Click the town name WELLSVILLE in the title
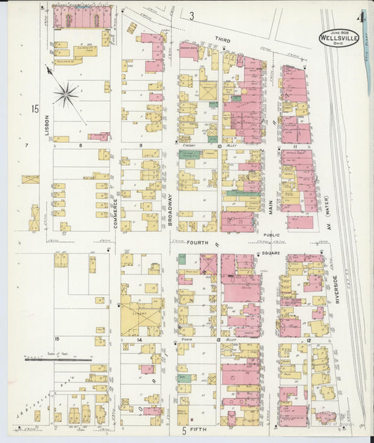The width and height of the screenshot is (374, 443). click(339, 38)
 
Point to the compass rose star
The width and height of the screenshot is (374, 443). click(67, 93)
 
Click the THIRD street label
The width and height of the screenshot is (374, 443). click(222, 41)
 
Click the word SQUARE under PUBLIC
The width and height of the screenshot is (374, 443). click(271, 252)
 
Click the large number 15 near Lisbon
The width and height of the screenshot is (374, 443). click(34, 108)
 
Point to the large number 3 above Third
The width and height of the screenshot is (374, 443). click(191, 15)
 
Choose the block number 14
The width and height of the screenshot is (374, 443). click(140, 340)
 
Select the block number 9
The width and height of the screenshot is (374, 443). click(140, 146)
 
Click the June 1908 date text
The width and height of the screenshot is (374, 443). click(339, 30)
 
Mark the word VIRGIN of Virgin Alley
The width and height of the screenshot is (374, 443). click(187, 339)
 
